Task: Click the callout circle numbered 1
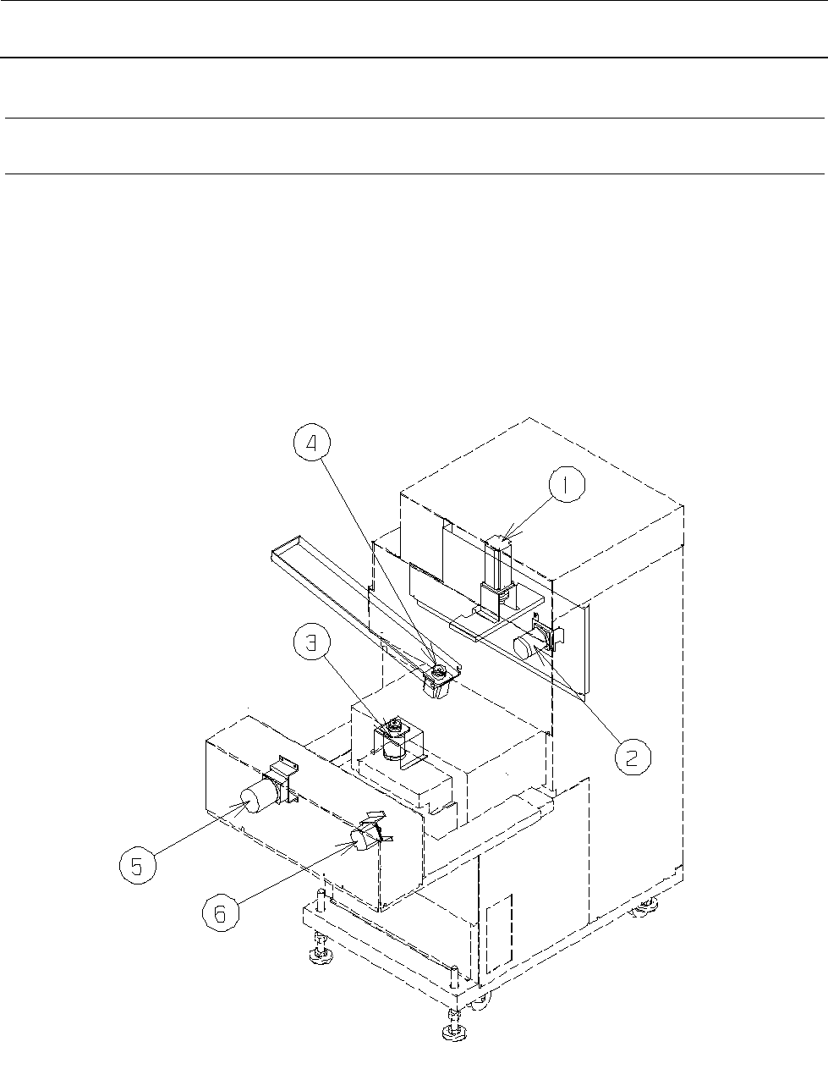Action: (567, 485)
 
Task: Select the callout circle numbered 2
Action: (633, 757)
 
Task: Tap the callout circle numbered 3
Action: (311, 642)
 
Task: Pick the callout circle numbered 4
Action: (311, 443)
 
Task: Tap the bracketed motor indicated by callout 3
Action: (394, 741)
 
